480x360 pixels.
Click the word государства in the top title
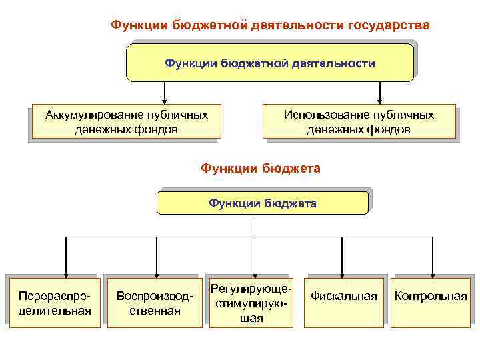(389, 25)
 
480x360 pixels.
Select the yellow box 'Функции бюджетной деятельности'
(270, 63)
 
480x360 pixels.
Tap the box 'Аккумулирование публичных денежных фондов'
(126, 122)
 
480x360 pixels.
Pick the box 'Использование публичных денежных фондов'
(359, 122)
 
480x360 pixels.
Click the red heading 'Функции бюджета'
(261, 168)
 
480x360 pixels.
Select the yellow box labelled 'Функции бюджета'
(263, 203)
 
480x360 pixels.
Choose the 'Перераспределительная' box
(55, 302)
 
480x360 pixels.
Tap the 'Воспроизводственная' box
(155, 302)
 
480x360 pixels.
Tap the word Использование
(325, 115)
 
